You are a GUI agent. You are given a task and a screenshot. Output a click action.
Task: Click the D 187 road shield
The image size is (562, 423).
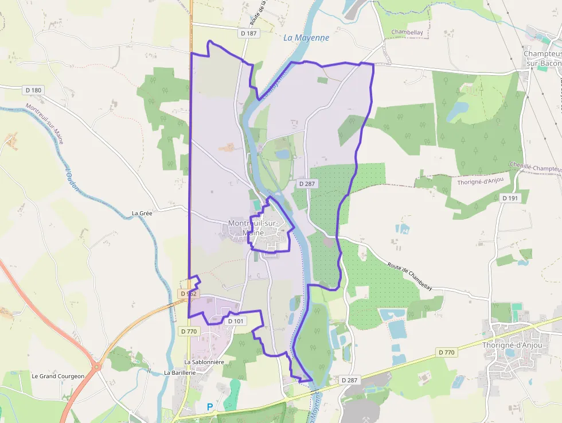click(x=249, y=33)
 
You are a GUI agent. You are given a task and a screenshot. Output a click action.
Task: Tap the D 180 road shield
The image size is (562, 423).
click(x=33, y=90)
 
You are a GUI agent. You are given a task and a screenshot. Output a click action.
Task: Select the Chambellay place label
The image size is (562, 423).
click(x=407, y=33)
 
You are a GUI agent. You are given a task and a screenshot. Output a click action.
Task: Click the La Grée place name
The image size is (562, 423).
click(x=142, y=213)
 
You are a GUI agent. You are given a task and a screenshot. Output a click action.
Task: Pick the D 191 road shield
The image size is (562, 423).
click(x=510, y=198)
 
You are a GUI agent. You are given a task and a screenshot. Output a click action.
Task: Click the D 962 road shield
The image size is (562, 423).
click(x=188, y=294)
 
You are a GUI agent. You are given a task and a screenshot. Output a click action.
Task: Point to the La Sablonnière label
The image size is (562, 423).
click(x=204, y=362)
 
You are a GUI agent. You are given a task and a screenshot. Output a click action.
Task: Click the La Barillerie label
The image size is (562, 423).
click(x=181, y=372)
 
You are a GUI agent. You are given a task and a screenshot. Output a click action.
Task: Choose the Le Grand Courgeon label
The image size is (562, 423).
click(x=58, y=377)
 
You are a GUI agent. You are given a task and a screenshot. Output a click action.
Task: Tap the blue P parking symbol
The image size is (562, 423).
click(x=210, y=407)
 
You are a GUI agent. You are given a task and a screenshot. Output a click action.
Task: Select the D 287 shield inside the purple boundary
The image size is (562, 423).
click(x=307, y=184)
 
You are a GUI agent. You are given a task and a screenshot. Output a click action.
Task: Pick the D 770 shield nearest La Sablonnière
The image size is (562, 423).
click(x=189, y=331)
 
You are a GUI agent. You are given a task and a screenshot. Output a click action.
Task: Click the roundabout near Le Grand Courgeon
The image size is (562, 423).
click(x=96, y=366)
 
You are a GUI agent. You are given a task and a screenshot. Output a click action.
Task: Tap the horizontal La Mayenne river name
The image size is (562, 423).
click(x=306, y=38)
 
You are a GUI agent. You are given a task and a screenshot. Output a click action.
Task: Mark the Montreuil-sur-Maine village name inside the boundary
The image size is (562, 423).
click(x=253, y=228)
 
